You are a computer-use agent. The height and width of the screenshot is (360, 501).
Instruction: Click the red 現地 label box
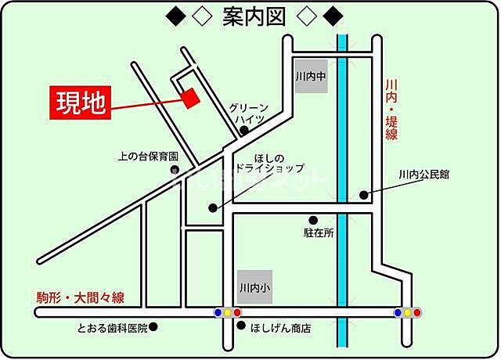point(81,103)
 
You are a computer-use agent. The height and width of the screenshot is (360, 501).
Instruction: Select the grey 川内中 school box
point(310,77)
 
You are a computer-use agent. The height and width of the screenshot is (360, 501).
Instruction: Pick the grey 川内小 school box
point(255,287)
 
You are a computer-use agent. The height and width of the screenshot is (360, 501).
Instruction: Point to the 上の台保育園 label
point(149,156)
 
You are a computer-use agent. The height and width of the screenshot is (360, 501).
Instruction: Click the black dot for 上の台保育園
point(175,170)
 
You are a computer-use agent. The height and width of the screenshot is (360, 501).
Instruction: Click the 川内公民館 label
point(424,174)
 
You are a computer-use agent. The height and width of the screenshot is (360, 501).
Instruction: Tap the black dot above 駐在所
point(313,220)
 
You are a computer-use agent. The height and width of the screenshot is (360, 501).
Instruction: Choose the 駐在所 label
point(319,232)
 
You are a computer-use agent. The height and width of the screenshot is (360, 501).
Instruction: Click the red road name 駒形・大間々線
point(81,297)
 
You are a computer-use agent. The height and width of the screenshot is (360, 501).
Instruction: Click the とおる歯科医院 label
point(112,327)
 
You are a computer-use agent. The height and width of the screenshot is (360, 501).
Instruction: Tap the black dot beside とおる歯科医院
point(154,326)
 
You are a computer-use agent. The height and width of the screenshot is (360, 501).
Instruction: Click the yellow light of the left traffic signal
point(228,313)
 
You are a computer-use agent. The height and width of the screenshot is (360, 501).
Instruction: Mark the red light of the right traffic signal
point(417,313)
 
